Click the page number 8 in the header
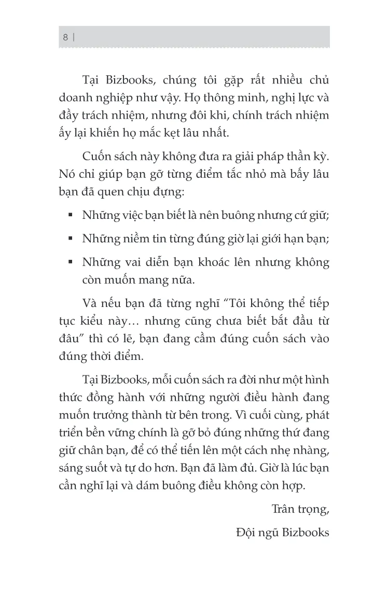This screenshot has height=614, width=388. [x=65, y=37]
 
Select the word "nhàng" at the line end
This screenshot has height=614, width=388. [x=312, y=451]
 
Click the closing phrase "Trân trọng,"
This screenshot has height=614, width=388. [x=300, y=509]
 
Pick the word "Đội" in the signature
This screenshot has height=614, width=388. [x=246, y=533]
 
